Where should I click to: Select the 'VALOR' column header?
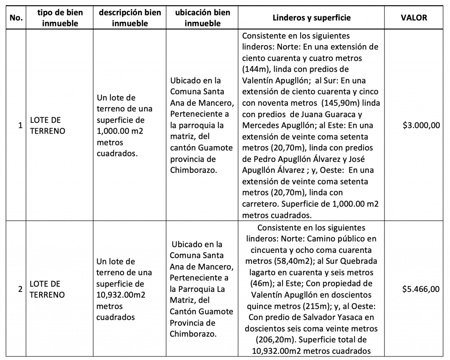[x=414, y=18]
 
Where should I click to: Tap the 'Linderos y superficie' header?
[x=312, y=18]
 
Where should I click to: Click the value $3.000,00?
[x=421, y=126]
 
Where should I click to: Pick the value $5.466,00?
[x=421, y=289]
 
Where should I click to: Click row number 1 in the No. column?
[x=19, y=126]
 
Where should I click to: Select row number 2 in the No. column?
[x=19, y=289]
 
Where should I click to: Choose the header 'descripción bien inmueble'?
[x=129, y=18]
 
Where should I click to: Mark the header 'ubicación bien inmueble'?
[x=203, y=18]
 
